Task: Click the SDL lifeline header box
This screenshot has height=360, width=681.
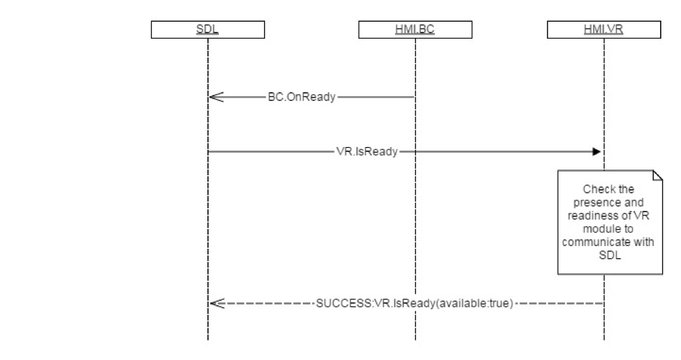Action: tap(207, 30)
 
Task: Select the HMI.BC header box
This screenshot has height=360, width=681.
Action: tap(415, 30)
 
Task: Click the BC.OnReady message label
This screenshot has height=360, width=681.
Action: tap(302, 97)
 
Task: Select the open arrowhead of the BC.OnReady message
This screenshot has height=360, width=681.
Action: tap(215, 97)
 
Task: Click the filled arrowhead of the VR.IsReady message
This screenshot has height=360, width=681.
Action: tap(596, 152)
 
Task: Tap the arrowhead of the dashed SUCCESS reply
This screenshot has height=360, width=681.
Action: tap(215, 302)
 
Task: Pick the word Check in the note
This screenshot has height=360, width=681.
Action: tap(597, 189)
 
